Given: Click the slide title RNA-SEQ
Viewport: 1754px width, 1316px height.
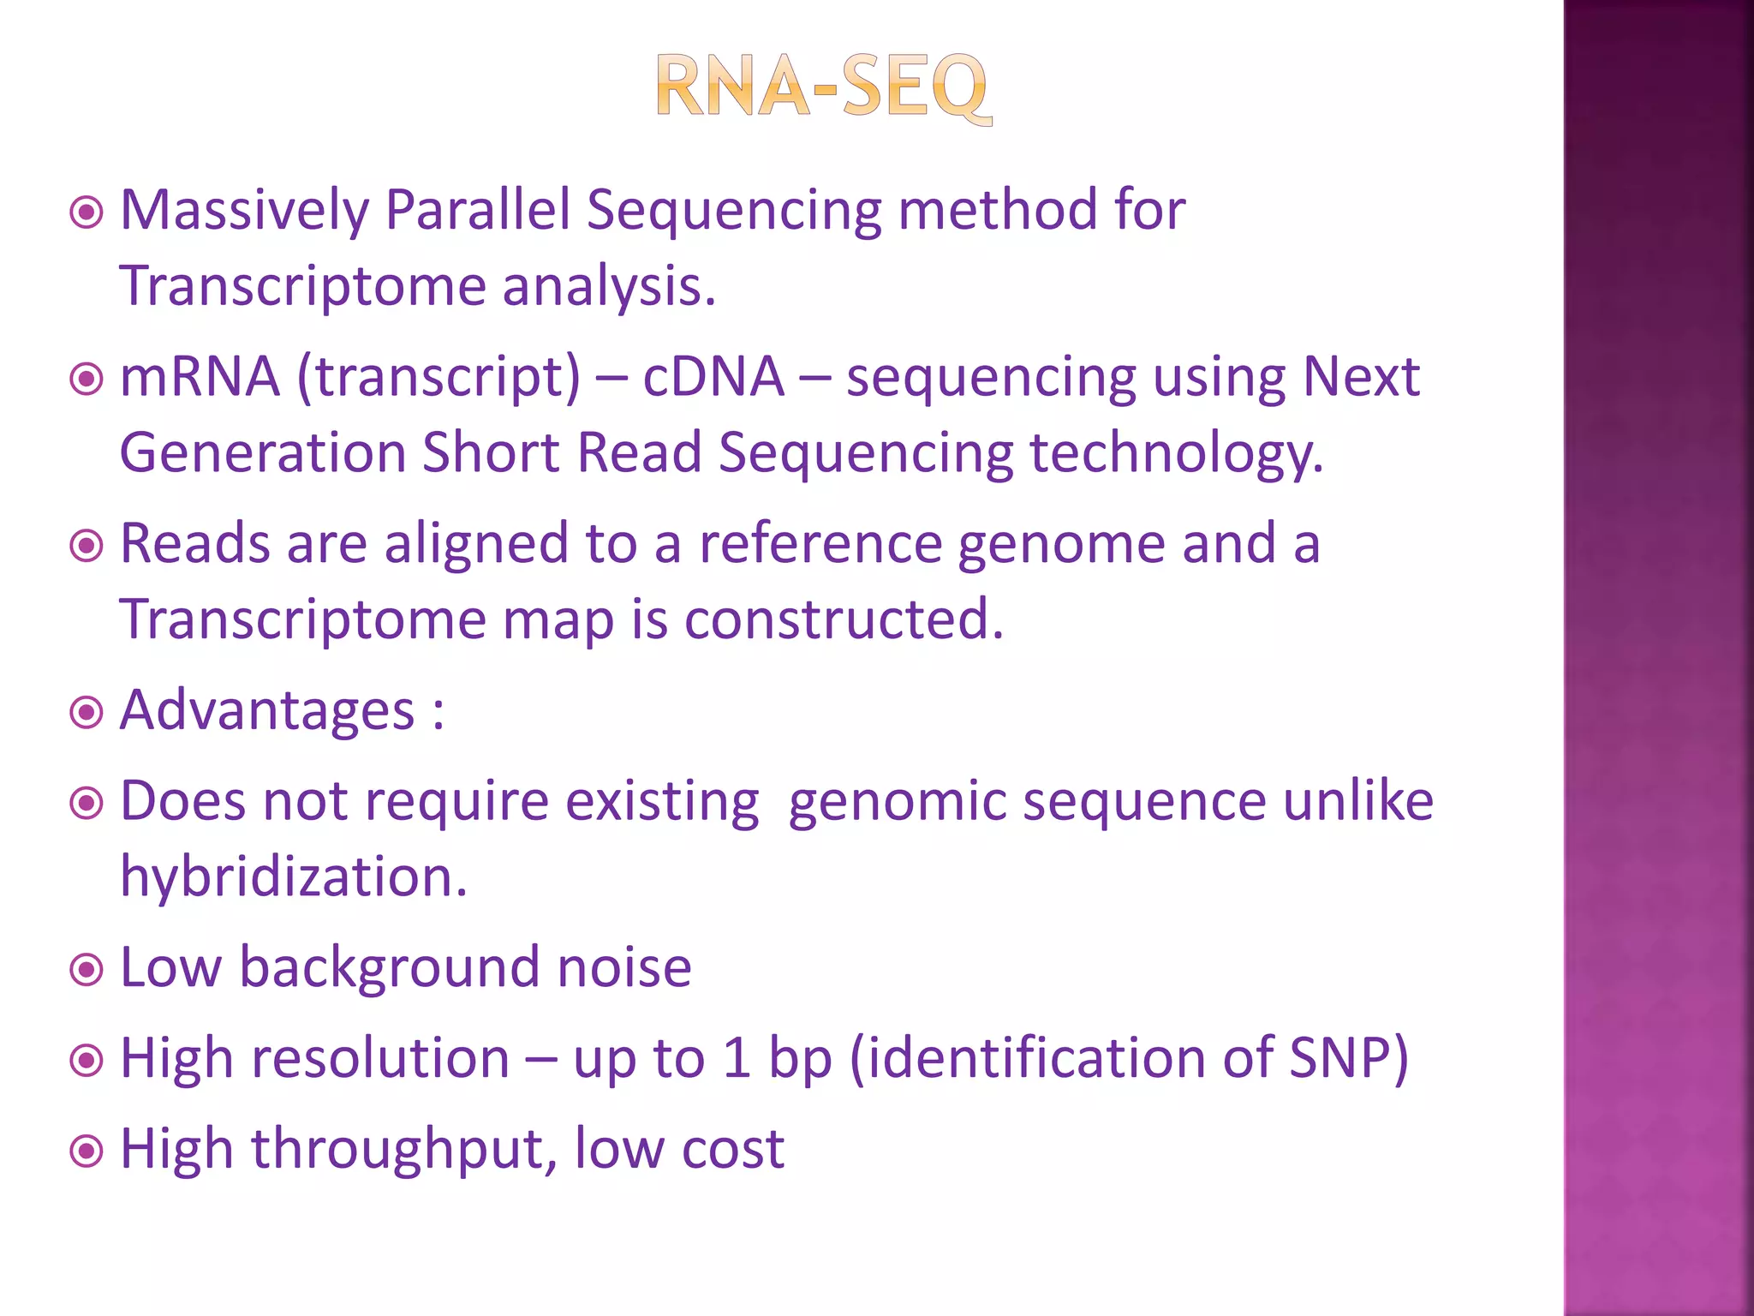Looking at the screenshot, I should (x=823, y=87).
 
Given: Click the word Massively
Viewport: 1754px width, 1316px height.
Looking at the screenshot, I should (x=244, y=211).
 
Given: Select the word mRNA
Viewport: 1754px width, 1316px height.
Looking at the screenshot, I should (x=200, y=377).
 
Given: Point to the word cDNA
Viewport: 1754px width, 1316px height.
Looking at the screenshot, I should (x=713, y=377).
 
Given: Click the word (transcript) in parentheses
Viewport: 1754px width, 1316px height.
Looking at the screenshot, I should (x=438, y=379).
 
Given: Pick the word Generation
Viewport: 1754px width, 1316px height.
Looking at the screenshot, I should (x=262, y=453).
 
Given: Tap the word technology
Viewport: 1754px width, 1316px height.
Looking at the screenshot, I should (x=1175, y=455).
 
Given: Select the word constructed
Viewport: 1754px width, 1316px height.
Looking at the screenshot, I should (x=843, y=619).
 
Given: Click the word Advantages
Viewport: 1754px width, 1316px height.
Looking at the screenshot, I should (x=267, y=711).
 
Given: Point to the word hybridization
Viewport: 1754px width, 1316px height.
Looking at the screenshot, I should (x=293, y=877).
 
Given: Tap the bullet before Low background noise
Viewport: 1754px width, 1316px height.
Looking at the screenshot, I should (x=87, y=971).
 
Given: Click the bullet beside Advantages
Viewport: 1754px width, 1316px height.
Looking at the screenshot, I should (x=87, y=713).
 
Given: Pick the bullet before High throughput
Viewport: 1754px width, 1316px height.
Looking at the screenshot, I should (x=87, y=1151).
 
